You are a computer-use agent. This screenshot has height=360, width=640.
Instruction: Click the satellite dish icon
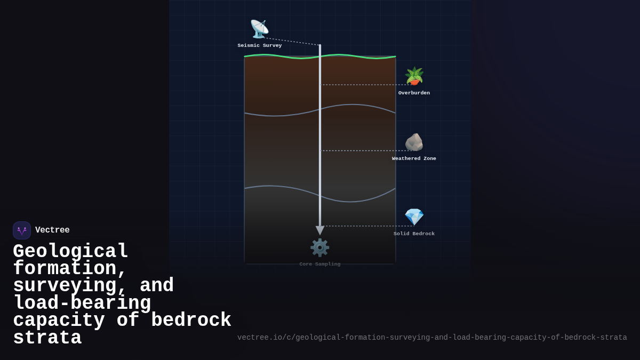point(259,29)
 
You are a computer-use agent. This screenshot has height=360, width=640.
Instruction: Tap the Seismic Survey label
point(260,46)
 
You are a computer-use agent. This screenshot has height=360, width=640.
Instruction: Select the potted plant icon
point(414,76)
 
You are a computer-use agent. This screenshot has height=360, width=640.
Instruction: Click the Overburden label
point(414,93)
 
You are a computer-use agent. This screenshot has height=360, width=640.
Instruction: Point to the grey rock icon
point(414,142)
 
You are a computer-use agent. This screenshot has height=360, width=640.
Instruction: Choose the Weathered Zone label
point(414,159)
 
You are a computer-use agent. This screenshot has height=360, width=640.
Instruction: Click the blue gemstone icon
point(414,217)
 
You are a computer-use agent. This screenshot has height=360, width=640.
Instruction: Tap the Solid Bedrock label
point(414,234)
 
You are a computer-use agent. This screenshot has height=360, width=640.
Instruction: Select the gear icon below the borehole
point(320,247)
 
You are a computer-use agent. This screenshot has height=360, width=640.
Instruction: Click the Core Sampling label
point(320,265)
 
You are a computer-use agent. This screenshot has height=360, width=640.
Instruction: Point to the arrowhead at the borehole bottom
point(320,230)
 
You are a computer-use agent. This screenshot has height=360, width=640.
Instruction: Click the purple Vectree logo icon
point(22,230)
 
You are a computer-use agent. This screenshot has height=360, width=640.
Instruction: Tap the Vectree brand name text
point(52,230)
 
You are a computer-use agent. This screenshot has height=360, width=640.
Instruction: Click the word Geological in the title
point(70,251)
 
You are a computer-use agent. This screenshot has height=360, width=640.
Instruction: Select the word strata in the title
point(47,338)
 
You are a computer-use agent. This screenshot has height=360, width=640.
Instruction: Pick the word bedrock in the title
point(191,321)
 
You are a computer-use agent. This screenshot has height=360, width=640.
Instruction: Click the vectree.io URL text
point(432,338)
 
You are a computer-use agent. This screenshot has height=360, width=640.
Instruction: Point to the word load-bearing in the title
point(82,303)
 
